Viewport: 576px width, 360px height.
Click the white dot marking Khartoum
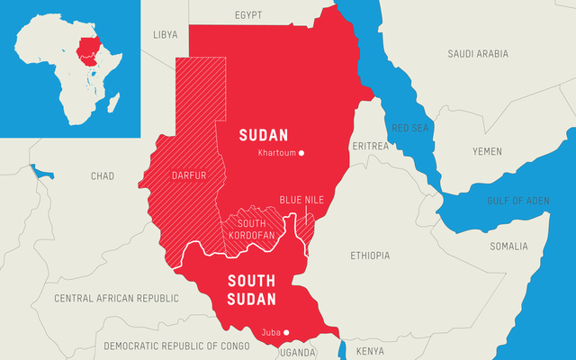301,153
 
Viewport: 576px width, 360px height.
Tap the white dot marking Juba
286,333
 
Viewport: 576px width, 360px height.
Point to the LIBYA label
166,35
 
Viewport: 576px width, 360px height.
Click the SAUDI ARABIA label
479,54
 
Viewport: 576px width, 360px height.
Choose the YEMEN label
487,151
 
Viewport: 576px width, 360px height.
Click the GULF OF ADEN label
517,200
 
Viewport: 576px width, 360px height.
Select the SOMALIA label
511,246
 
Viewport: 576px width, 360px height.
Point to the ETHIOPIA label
370,256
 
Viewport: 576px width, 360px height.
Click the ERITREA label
371,146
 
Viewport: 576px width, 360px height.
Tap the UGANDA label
298,353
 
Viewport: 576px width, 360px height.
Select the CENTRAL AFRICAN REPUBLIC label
117,297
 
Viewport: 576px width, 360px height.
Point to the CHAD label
103,176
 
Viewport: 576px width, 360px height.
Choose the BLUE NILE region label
301,199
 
